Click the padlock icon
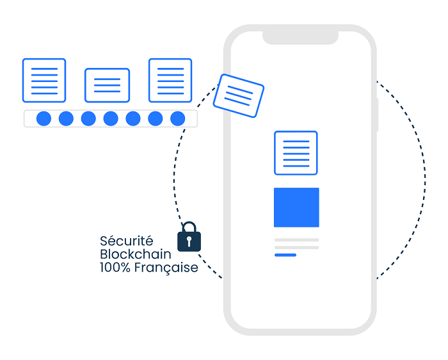189,238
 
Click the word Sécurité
127,241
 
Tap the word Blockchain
136,254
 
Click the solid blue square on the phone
296,207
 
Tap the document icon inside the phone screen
296,152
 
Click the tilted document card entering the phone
239,95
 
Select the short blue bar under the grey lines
285,255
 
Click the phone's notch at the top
300,37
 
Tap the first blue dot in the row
44,119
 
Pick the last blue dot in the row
178,119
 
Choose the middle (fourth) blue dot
111,119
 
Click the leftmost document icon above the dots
44,80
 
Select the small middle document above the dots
107,85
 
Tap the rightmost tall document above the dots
170,80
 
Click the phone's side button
378,115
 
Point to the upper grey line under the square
296,240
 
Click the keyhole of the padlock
189,241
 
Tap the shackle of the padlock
189,226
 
